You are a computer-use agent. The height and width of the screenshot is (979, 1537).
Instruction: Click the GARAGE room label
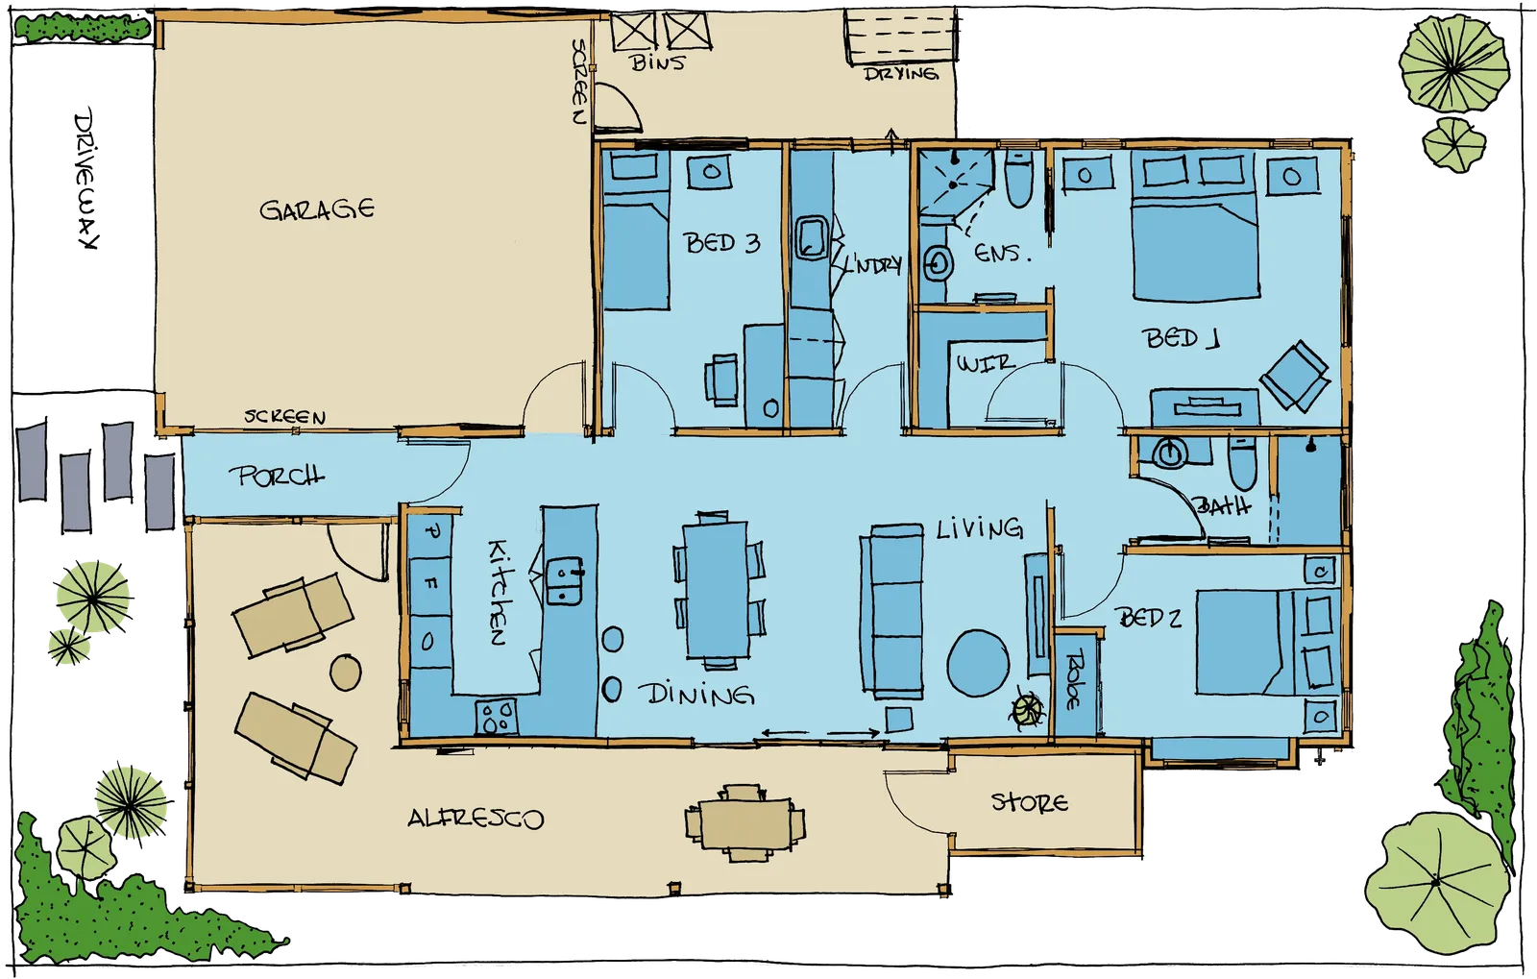[x=317, y=209]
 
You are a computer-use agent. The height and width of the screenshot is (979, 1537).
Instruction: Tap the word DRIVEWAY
[x=87, y=180]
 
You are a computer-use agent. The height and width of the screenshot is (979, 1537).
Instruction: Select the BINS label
[x=658, y=63]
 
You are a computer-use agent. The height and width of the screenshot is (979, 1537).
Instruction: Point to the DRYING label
[x=900, y=74]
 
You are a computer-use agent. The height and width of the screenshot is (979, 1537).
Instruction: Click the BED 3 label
[x=721, y=243]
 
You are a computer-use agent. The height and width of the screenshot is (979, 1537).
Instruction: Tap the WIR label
[x=986, y=363]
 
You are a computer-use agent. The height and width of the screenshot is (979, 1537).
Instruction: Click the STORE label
[x=1029, y=802]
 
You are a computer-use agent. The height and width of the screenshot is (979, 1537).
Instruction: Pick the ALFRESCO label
[x=476, y=819]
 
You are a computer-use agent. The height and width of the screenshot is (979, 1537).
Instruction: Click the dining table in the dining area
[x=717, y=590]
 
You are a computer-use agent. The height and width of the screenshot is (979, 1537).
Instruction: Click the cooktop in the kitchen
[x=496, y=717]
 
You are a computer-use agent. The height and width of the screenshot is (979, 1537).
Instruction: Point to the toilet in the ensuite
[x=1019, y=178]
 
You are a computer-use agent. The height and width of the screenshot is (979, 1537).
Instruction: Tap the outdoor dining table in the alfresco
[x=745, y=822]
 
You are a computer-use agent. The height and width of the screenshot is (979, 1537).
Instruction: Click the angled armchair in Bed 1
[x=1294, y=377]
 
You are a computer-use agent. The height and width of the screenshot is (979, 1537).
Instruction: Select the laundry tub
[x=813, y=238]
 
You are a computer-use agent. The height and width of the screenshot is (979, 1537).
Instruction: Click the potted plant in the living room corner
[x=1027, y=710]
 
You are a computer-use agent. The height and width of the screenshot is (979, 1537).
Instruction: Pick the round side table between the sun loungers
[x=346, y=673]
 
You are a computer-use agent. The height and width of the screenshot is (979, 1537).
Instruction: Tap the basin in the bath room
[x=1170, y=453]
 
